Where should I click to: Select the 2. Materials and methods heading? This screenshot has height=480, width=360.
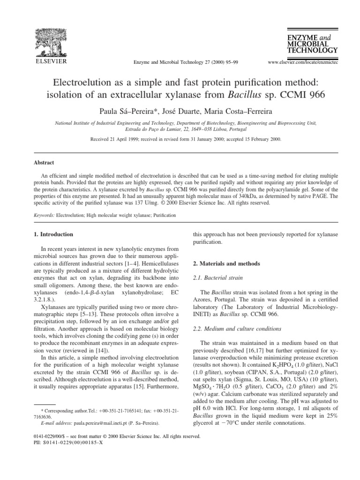pyautogui.click(x=227, y=263)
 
